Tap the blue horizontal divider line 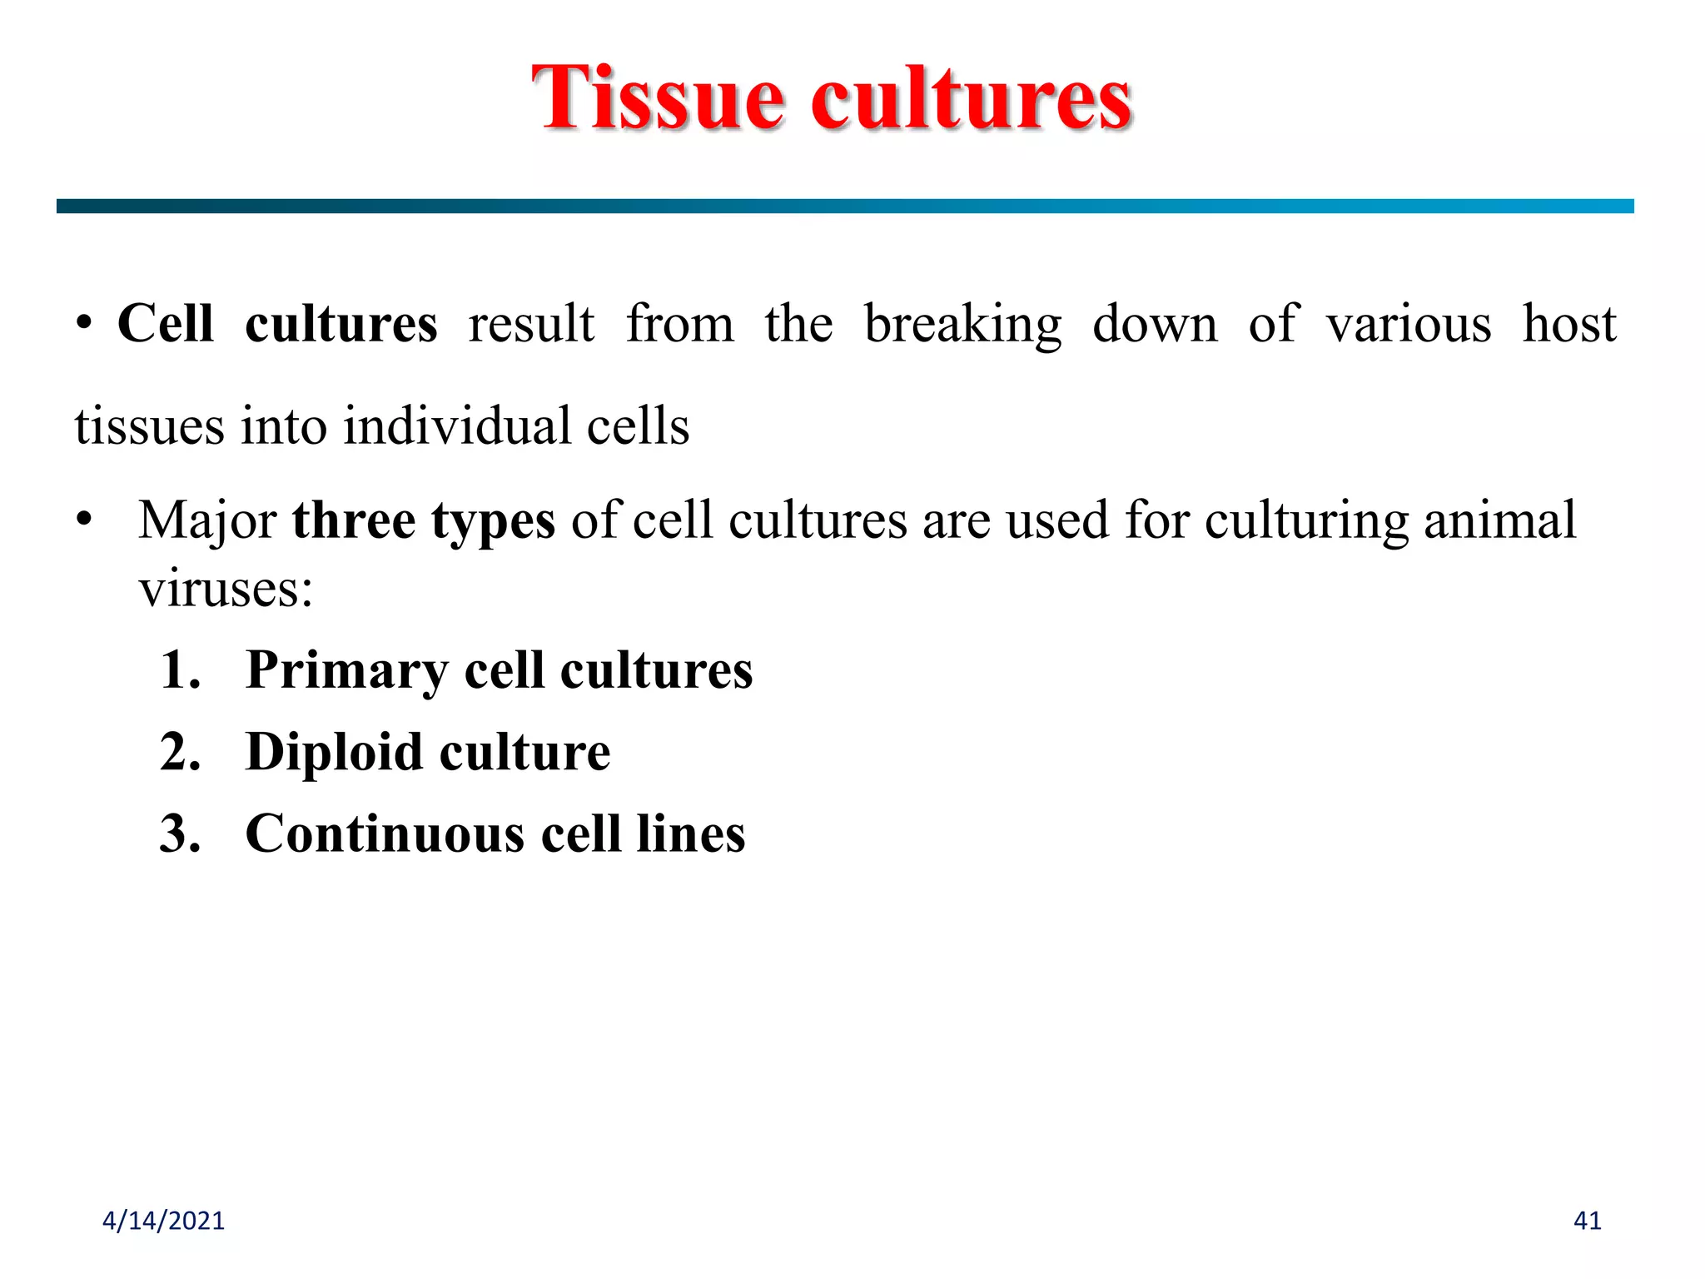coord(844,206)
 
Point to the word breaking coord(962,325)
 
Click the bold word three coord(354,520)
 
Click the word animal coord(1499,520)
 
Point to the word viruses coord(225,589)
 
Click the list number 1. coord(180,669)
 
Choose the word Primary coord(346,671)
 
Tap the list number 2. coord(180,751)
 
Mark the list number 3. coord(180,834)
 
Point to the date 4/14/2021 coord(163,1221)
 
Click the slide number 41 coord(1587,1221)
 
